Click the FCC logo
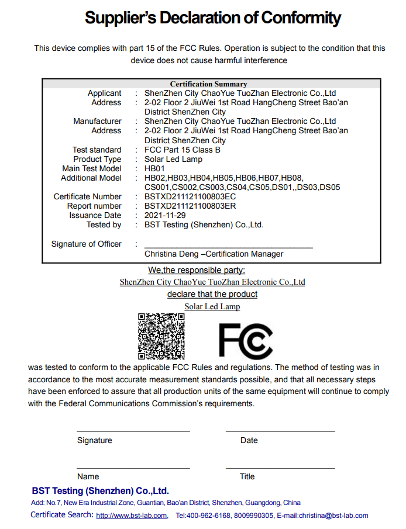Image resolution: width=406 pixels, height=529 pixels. pos(246,340)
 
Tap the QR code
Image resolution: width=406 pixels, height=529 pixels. pos(161,336)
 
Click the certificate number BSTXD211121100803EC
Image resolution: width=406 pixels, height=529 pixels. pos(190,197)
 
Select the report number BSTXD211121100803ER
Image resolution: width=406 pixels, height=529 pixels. pos(190,206)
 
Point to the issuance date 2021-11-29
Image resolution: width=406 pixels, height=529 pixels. pos(165,216)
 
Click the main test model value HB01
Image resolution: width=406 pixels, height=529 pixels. pos(154,169)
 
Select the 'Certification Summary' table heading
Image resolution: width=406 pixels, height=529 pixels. pos(208,84)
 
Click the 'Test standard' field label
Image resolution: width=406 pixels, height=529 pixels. pos(97,150)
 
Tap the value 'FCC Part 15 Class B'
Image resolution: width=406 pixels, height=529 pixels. pos(183,150)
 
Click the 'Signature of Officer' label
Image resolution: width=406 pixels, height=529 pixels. pos(87,244)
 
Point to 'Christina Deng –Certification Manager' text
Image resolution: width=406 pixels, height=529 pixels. pos(214,254)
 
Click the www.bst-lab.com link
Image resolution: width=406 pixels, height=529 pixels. pos(132,516)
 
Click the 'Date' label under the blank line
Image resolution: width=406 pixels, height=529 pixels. pos(249,441)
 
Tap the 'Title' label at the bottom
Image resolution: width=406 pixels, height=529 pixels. pos(247,477)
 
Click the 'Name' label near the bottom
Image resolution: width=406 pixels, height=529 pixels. pos(88,477)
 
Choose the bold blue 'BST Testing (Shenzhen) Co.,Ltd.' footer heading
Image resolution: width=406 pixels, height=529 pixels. pos(100,491)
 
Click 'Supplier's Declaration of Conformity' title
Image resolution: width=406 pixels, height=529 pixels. pos(212,18)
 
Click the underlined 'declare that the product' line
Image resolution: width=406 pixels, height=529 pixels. pos(212,294)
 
